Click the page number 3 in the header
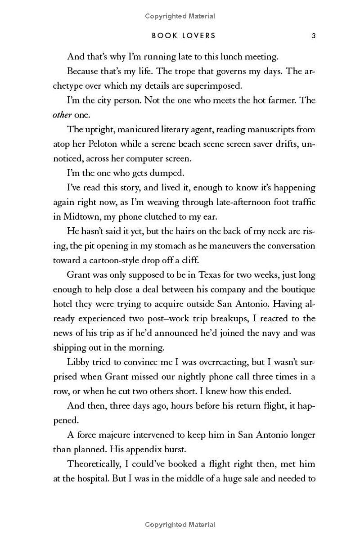313,36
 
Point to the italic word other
62,115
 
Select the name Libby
78,362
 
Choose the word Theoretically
95,463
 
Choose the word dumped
158,173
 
